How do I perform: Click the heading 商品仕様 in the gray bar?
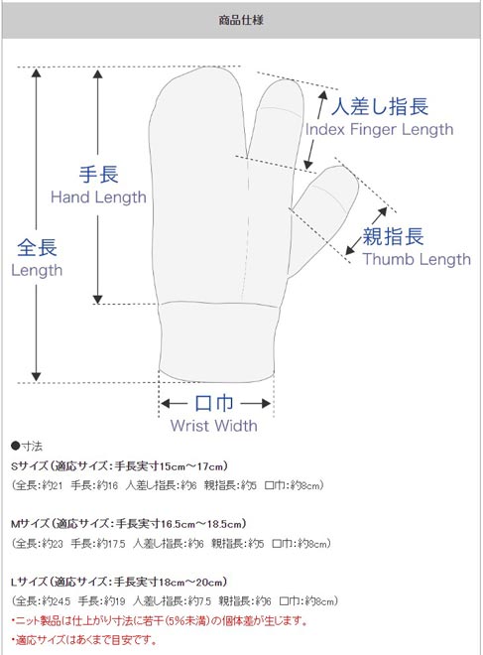pyautogui.click(x=241, y=20)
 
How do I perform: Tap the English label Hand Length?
pyautogui.click(x=98, y=197)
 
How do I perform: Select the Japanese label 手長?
pyautogui.click(x=98, y=174)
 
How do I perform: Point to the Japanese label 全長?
pyautogui.click(x=37, y=247)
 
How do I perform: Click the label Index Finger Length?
pyautogui.click(x=379, y=129)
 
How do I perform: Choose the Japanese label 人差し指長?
pyautogui.click(x=380, y=106)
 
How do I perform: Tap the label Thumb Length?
pyautogui.click(x=417, y=259)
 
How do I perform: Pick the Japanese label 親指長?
pyautogui.click(x=393, y=236)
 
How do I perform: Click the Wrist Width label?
pyautogui.click(x=214, y=426)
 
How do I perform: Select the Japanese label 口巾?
pyautogui.click(x=214, y=403)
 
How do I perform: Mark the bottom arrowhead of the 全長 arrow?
pyautogui.click(x=37, y=376)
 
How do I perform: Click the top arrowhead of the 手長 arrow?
pyautogui.click(x=97, y=74)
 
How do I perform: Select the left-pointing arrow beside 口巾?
pyautogui.click(x=175, y=403)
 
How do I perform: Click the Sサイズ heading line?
pyautogui.click(x=120, y=466)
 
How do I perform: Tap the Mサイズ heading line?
pyautogui.click(x=129, y=524)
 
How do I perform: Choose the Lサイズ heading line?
pyautogui.click(x=119, y=582)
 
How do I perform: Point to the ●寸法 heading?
pyautogui.click(x=27, y=447)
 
